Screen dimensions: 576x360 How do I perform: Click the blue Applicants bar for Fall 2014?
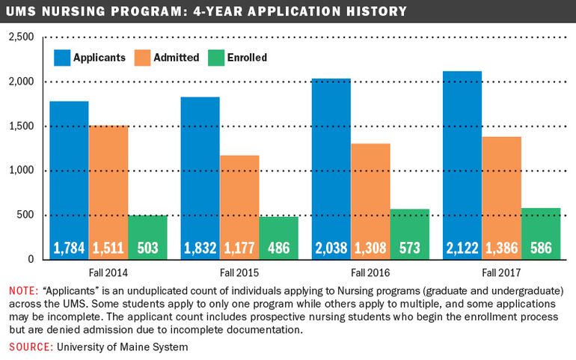point(69,180)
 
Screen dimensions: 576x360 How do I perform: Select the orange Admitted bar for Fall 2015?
point(239,207)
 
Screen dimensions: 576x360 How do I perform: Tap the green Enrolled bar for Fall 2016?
point(410,234)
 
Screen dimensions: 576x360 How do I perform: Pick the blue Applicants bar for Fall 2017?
point(462,165)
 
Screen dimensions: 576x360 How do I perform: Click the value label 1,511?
point(108,248)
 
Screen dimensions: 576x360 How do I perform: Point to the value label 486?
point(279,248)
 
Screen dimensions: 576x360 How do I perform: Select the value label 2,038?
point(331,248)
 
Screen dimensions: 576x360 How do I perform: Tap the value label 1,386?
point(501,248)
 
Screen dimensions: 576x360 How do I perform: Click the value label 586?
point(541,248)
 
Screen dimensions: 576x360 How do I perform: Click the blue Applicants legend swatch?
point(62,58)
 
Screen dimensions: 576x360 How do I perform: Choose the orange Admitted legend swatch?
point(143,58)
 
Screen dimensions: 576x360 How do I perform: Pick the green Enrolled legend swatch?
point(216,58)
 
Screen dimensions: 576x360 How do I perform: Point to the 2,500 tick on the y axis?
point(21,37)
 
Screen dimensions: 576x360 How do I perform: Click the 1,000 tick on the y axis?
point(21,170)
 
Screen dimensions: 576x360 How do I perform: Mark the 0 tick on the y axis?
point(31,259)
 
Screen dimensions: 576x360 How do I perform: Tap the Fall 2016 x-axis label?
point(370,273)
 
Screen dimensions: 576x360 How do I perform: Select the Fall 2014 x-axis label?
point(108,273)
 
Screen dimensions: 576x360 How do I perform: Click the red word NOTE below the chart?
point(23,291)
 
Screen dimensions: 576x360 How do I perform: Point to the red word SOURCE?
point(31,347)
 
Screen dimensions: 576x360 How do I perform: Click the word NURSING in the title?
point(73,11)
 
